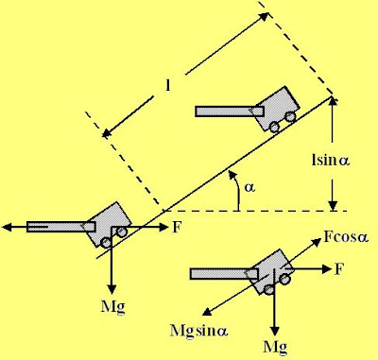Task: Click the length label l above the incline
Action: click(x=168, y=85)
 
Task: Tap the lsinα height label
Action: click(x=331, y=161)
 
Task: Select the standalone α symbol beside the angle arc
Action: click(x=250, y=188)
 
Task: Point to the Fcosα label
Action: click(x=346, y=236)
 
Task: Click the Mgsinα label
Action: click(x=198, y=331)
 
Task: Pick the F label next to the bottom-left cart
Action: click(x=177, y=227)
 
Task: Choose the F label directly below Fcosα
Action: click(x=338, y=269)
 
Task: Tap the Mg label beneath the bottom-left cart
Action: click(x=112, y=306)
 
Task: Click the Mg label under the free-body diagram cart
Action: click(x=275, y=348)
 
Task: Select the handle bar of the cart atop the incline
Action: click(x=230, y=111)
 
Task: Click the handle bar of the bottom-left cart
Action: click(x=61, y=227)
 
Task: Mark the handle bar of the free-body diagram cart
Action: click(x=224, y=274)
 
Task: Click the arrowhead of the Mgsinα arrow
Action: click(x=207, y=312)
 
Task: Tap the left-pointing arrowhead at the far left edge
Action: click(x=7, y=227)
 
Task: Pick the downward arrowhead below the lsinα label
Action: click(x=333, y=206)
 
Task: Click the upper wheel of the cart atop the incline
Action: click(x=290, y=117)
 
